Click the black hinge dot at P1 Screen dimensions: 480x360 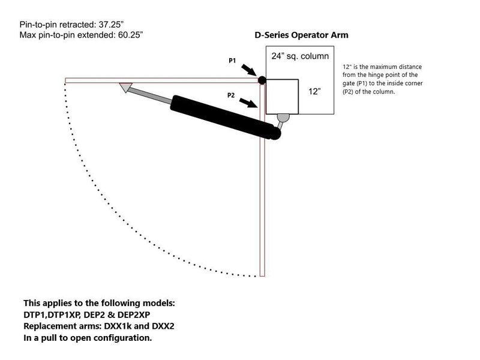tap(262, 80)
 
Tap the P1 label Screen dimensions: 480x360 tap(232, 61)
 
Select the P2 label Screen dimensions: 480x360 tap(231, 95)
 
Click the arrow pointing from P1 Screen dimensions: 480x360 tap(249, 70)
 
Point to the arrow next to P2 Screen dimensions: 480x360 tap(248, 103)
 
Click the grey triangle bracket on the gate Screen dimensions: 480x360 tap(126, 88)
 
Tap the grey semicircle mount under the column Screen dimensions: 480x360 tap(283, 118)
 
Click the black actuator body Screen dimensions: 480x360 tap(225, 117)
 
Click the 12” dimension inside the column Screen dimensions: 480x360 tap(314, 92)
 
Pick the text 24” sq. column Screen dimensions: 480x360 tap(300, 56)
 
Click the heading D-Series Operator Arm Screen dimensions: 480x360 tap(302, 35)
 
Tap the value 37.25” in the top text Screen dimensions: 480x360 tap(111, 25)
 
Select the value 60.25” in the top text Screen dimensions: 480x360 tap(130, 35)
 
